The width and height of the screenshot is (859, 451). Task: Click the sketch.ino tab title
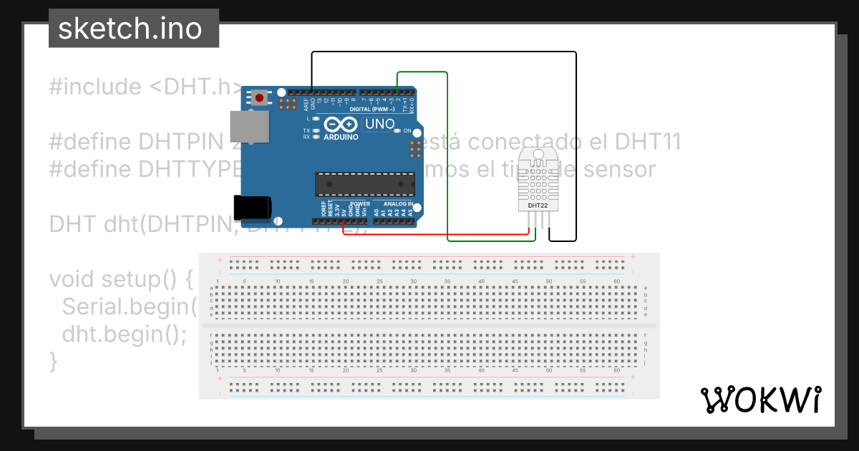click(130, 29)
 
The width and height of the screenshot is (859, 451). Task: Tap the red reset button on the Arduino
click(260, 97)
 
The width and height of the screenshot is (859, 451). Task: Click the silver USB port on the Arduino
click(249, 129)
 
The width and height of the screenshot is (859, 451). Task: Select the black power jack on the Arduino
click(252, 208)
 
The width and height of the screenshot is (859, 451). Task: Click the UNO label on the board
click(379, 124)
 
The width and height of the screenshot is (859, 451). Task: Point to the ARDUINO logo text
click(341, 136)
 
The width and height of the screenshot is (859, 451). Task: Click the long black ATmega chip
click(365, 184)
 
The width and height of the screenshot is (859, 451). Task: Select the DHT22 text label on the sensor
click(538, 205)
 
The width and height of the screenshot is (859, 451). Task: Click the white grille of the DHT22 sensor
click(538, 179)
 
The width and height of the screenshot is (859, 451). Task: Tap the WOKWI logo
click(760, 399)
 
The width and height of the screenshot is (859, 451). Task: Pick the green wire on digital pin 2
click(447, 157)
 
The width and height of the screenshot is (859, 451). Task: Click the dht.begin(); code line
click(124, 334)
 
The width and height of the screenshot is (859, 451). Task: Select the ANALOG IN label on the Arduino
click(398, 204)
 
